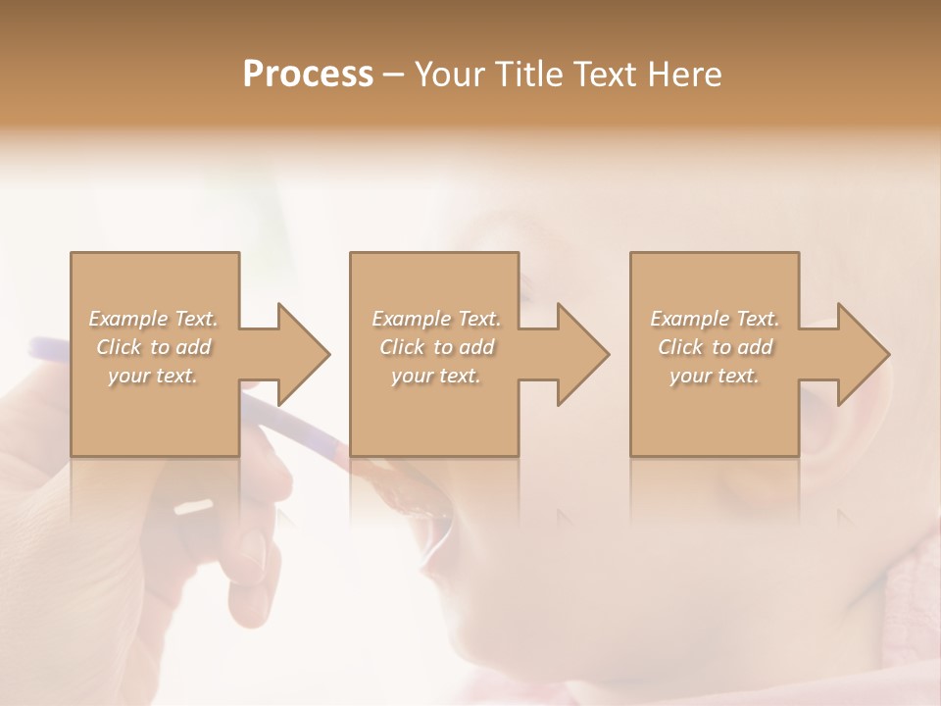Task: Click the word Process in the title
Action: click(x=308, y=75)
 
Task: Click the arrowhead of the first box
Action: click(x=298, y=354)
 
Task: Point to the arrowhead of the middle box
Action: click(x=577, y=354)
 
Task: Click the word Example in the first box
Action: click(x=126, y=319)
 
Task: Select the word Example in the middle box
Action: click(x=409, y=319)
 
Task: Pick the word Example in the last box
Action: click(x=687, y=319)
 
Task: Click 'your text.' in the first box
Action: click(x=153, y=376)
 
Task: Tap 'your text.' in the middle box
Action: click(x=435, y=376)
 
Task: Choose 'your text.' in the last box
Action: click(x=715, y=376)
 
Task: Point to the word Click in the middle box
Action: click(x=400, y=347)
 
